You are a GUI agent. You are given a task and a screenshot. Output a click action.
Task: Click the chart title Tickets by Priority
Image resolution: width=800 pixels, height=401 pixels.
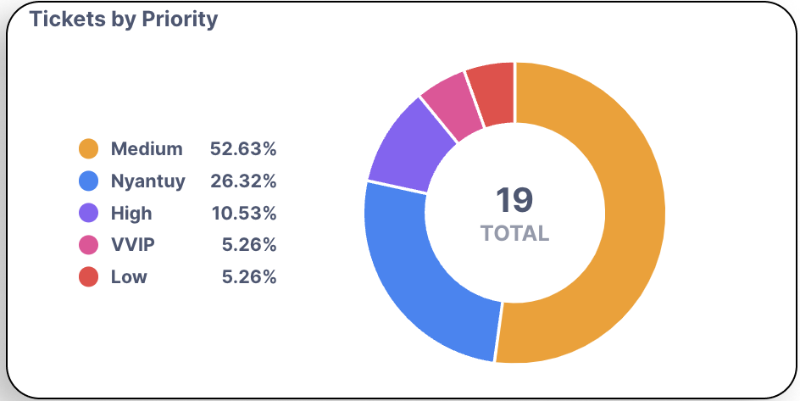[x=124, y=19]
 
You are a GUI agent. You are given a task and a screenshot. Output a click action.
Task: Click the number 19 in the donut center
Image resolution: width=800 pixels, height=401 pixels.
[x=514, y=200]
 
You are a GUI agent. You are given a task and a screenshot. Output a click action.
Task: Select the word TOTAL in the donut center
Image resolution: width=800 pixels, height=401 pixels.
[x=514, y=233]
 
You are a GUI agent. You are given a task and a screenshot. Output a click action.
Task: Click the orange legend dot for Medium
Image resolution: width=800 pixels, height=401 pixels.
[x=88, y=149]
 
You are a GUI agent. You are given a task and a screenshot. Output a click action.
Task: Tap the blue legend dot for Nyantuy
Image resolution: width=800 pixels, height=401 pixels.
[x=88, y=181]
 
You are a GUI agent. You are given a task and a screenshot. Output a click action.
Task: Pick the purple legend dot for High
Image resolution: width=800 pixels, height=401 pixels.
[x=88, y=213]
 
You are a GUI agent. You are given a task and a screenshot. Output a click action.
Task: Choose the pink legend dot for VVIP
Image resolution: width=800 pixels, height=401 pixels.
[x=88, y=245]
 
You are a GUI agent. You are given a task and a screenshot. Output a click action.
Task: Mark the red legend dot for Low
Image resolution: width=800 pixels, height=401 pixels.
[x=88, y=276]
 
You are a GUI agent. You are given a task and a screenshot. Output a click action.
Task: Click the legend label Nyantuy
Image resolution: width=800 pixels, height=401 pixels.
[x=148, y=181]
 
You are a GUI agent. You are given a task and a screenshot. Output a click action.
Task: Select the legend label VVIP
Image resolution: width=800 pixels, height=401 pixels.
[x=133, y=245]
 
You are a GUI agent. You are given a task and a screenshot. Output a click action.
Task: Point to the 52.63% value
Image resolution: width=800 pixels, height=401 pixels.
[x=243, y=149]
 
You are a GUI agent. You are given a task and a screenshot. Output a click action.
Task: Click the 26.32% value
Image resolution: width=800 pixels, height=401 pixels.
[x=243, y=181]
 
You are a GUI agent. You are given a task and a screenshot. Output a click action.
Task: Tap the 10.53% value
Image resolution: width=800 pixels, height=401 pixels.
[x=243, y=213]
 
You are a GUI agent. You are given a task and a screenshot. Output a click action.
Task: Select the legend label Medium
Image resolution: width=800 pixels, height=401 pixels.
[x=147, y=149]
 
